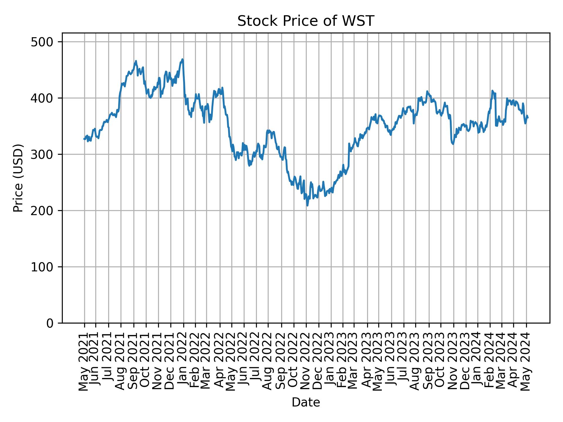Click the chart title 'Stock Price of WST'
306,21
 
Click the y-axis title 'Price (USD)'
18,178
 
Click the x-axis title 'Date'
306,402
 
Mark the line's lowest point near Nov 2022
307,205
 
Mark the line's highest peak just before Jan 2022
182,59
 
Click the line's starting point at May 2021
84,139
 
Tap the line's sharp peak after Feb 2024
492,91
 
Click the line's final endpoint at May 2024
528,118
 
